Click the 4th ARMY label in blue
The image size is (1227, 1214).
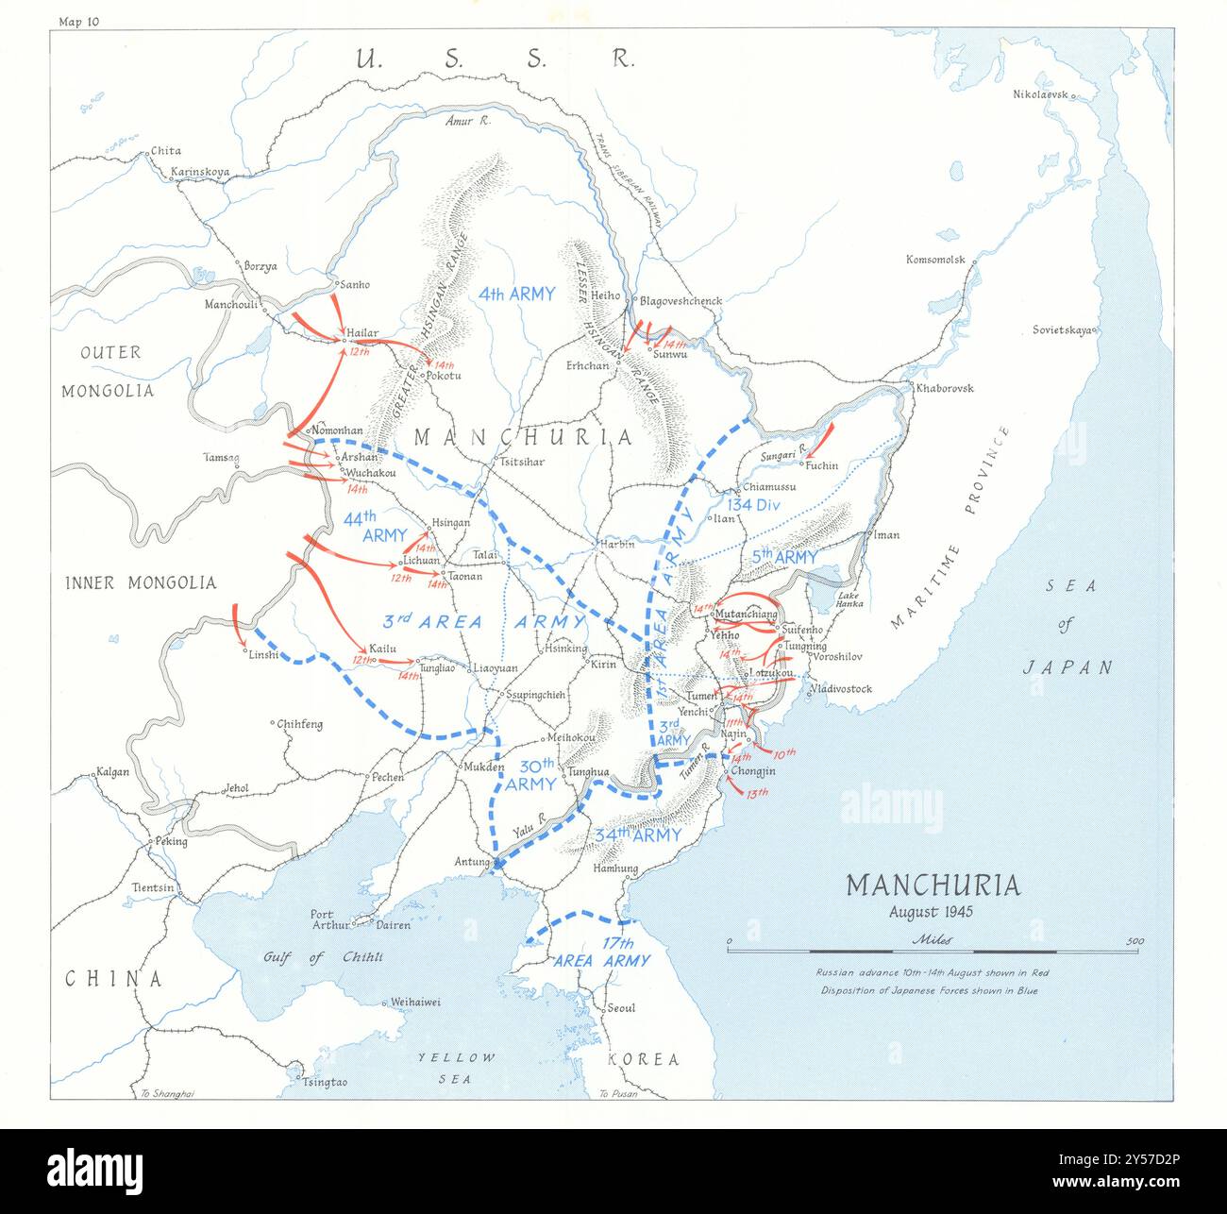coord(516,294)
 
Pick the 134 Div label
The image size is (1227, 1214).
coord(752,504)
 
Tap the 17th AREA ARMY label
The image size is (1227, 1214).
coord(601,952)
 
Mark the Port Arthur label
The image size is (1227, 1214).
coord(330,919)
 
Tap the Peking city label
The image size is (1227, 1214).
coord(172,841)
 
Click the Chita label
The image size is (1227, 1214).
coord(166,150)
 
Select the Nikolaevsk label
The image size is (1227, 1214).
coord(1039,94)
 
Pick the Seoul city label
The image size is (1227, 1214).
coord(621,1007)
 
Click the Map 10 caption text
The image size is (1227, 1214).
coord(78,21)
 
